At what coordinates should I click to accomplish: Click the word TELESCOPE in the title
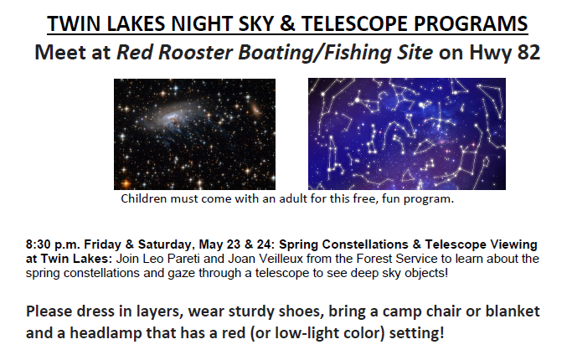[353, 23]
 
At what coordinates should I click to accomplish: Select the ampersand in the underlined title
[287, 23]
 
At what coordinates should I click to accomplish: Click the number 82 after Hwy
[528, 52]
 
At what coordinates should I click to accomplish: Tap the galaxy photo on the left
[194, 134]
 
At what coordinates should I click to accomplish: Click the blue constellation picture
[407, 133]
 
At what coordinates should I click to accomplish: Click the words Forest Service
[396, 259]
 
